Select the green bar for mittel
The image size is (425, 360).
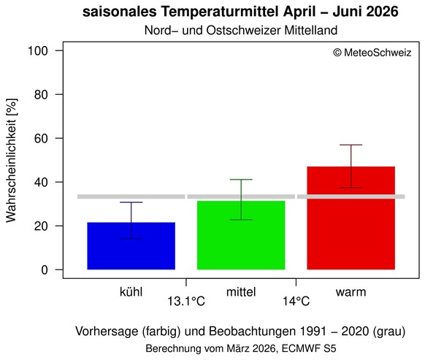(x=241, y=235)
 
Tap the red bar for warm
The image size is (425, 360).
(x=351, y=218)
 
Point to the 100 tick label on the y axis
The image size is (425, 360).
(x=39, y=51)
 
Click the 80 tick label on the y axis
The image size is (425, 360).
(x=42, y=95)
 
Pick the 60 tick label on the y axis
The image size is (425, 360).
(x=42, y=139)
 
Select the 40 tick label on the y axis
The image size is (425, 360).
(x=42, y=183)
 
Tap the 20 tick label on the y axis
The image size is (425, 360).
(x=42, y=226)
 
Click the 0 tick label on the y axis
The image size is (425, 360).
(x=45, y=270)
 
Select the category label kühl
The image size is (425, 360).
(x=131, y=292)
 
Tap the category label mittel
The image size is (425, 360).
(x=241, y=292)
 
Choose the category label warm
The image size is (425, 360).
(x=351, y=292)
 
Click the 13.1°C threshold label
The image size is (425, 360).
(x=187, y=301)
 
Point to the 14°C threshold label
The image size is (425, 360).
(x=296, y=301)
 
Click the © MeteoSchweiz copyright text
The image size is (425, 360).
(x=372, y=53)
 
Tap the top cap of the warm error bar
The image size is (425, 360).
(x=351, y=145)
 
